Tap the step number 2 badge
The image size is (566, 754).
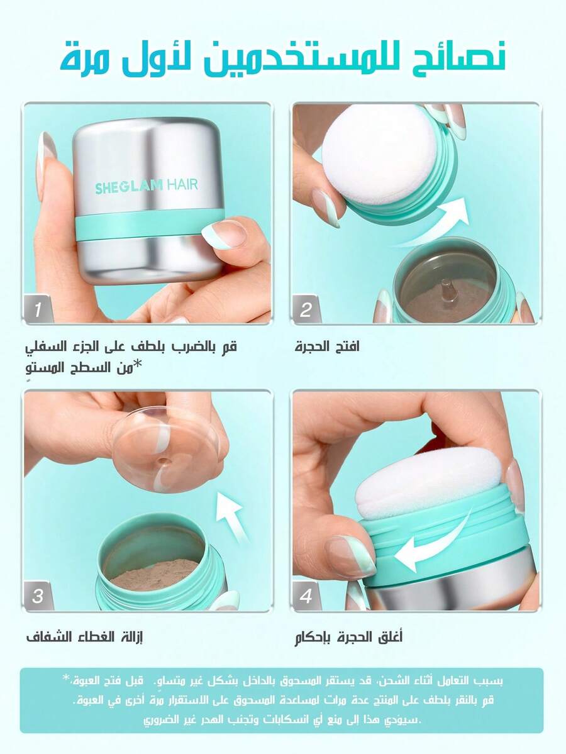pos(306,309)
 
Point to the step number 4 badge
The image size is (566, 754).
pos(306,596)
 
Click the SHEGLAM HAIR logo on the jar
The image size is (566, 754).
pos(146,186)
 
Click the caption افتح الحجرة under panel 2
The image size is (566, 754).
pos(327,347)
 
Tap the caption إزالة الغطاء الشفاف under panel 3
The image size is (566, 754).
pos(85,637)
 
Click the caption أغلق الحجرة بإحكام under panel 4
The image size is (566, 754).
pos(348,637)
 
